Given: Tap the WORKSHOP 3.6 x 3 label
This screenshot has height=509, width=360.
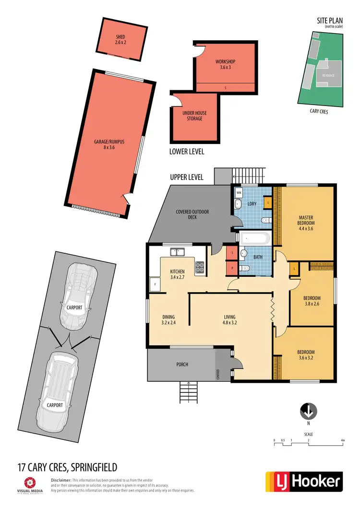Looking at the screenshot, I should click(225, 65).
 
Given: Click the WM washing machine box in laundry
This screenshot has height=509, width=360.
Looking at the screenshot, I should click(239, 192).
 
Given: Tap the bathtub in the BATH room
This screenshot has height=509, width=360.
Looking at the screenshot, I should click(255, 238).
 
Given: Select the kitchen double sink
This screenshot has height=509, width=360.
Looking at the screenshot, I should click(177, 250).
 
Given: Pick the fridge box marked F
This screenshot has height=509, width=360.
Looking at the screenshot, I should click(155, 284).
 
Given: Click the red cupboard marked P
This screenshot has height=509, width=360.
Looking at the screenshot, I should click(232, 268).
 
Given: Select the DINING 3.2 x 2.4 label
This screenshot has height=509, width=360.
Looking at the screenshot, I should click(168, 320).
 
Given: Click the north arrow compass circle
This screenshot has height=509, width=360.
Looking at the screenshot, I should click(308, 411).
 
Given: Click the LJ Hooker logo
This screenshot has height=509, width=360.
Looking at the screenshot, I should click(304, 482).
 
